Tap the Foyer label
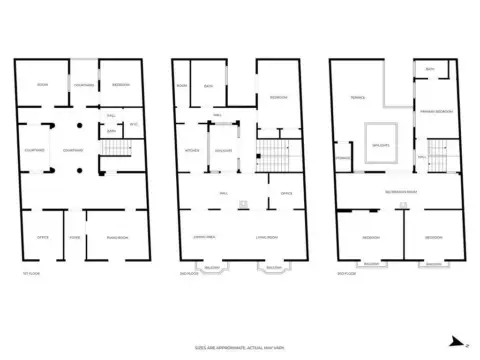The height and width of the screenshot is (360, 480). (x=75, y=237)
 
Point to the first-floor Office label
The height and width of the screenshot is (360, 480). (x=43, y=237)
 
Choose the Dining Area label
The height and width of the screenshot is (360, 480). (x=206, y=237)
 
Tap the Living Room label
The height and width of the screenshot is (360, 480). (x=265, y=237)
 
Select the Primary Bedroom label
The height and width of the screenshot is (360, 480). (x=437, y=110)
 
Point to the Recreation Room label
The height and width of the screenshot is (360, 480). (x=401, y=190)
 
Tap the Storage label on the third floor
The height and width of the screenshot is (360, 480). (x=343, y=157)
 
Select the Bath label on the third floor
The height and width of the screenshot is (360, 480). (x=429, y=69)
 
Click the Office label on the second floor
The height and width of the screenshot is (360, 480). (x=285, y=193)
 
